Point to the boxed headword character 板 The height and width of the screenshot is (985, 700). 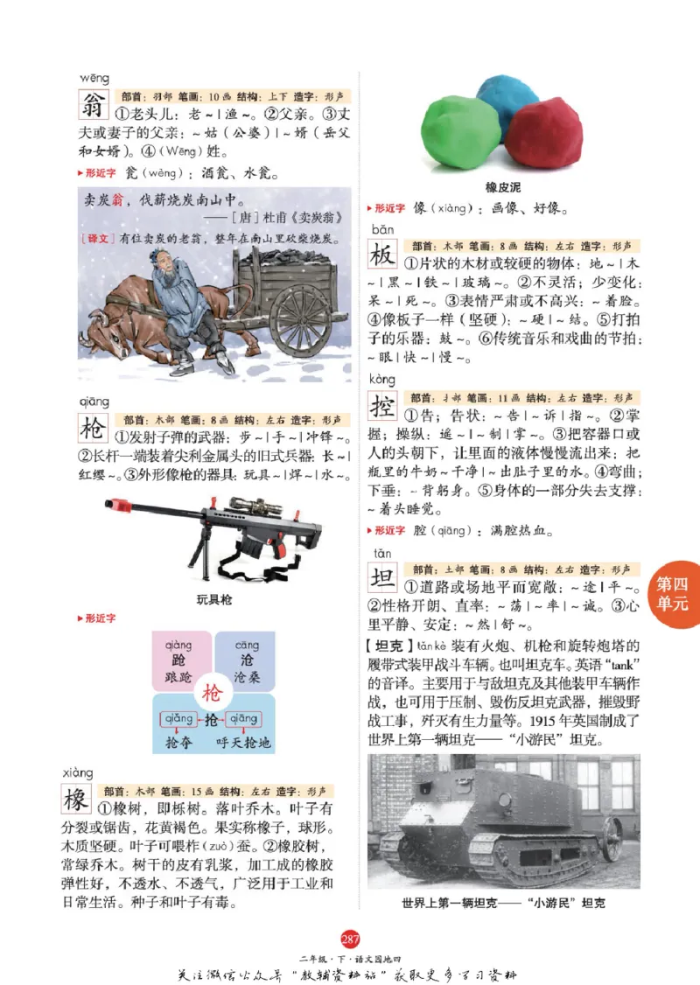pos(382,255)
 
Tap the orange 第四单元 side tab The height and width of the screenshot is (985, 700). pos(675,594)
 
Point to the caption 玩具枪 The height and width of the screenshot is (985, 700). pos(214,599)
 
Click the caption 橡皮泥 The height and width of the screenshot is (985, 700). pos(503,187)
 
